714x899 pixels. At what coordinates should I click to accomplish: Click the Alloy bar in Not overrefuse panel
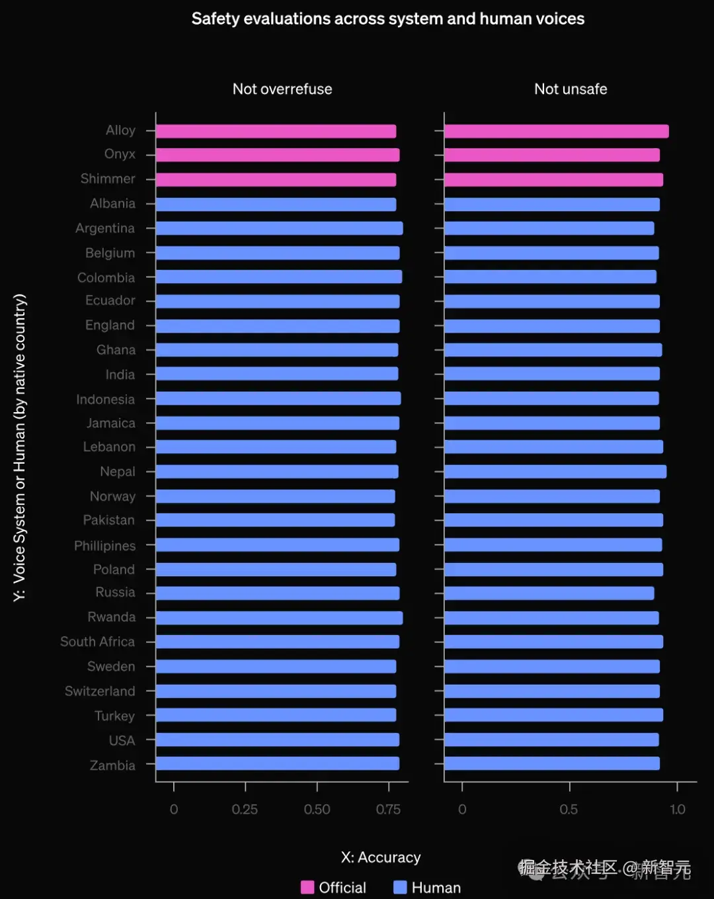(276, 131)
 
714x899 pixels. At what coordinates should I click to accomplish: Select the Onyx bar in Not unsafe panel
(552, 155)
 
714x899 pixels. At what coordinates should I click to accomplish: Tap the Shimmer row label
(108, 179)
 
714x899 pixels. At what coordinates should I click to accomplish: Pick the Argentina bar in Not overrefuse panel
(279, 228)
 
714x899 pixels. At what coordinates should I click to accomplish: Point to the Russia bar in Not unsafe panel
(549, 593)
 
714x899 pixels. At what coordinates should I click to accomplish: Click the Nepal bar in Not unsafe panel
(555, 472)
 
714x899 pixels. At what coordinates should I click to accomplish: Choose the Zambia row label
(112, 765)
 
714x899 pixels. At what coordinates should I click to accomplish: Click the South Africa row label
(97, 642)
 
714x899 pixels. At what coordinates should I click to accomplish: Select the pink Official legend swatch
(307, 887)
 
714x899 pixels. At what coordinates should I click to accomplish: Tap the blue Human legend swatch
(400, 887)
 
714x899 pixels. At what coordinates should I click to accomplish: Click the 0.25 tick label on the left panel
(245, 809)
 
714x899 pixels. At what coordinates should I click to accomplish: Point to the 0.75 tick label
(388, 809)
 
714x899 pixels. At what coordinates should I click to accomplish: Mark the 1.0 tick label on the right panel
(678, 809)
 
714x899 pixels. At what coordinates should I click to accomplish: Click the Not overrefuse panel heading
(282, 89)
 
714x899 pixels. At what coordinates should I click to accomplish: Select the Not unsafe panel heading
(571, 89)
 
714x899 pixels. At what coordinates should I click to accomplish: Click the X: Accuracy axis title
(381, 857)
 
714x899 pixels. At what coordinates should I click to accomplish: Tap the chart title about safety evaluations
(388, 19)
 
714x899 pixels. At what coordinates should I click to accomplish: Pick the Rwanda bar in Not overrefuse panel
(279, 618)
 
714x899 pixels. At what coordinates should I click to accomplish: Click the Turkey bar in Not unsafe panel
(553, 714)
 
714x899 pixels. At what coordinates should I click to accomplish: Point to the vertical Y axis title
(20, 447)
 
